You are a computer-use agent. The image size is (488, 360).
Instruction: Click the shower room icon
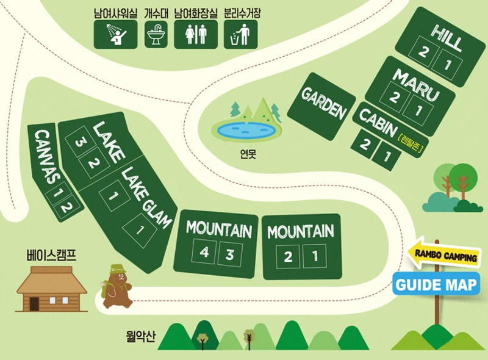(115, 35)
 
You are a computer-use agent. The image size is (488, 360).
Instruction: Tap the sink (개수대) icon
(156, 35)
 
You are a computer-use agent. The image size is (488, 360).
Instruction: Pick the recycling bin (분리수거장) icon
(240, 35)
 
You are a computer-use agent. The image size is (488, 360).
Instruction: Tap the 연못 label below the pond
(248, 154)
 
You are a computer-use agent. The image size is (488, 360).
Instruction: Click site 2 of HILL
(424, 52)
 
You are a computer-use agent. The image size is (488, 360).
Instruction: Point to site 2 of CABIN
(365, 145)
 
